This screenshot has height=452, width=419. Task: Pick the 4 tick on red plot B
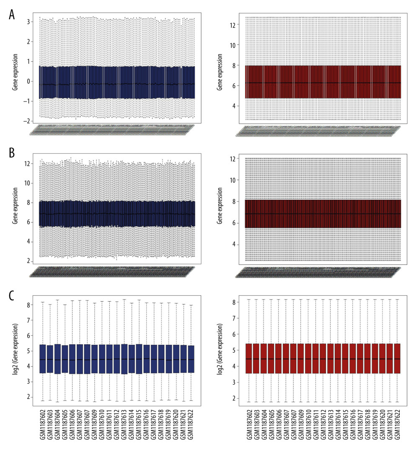237,244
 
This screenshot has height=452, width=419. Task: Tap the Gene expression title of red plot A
220,67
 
